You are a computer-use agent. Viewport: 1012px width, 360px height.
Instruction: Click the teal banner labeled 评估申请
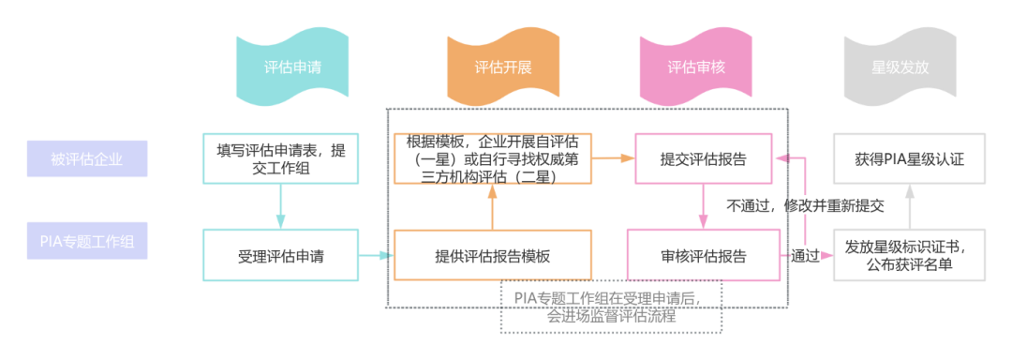point(293,67)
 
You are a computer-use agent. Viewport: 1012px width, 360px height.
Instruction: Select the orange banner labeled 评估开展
point(503,67)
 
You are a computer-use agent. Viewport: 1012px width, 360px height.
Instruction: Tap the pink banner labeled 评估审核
point(695,67)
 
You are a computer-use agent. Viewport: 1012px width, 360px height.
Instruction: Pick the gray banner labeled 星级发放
point(900,67)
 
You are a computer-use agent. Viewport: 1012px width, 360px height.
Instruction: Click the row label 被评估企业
point(87,158)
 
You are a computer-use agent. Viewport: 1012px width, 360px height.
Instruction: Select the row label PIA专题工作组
point(87,242)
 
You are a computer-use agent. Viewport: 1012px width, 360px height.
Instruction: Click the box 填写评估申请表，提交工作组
point(280,158)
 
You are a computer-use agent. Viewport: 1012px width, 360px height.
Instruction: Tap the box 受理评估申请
point(280,254)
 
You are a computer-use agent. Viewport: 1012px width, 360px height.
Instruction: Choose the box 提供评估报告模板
point(492,255)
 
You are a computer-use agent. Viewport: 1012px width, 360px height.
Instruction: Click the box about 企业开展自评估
point(492,158)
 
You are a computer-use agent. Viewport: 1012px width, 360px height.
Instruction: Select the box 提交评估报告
point(705,158)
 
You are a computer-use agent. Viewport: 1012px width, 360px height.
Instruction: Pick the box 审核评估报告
point(705,255)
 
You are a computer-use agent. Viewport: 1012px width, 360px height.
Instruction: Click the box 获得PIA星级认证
point(909,158)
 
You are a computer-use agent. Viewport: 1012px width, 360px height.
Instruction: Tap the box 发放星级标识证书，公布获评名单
point(909,255)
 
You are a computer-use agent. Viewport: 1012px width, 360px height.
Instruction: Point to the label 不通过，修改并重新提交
point(805,204)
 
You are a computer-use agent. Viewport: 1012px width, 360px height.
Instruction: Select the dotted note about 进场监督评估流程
point(611,307)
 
